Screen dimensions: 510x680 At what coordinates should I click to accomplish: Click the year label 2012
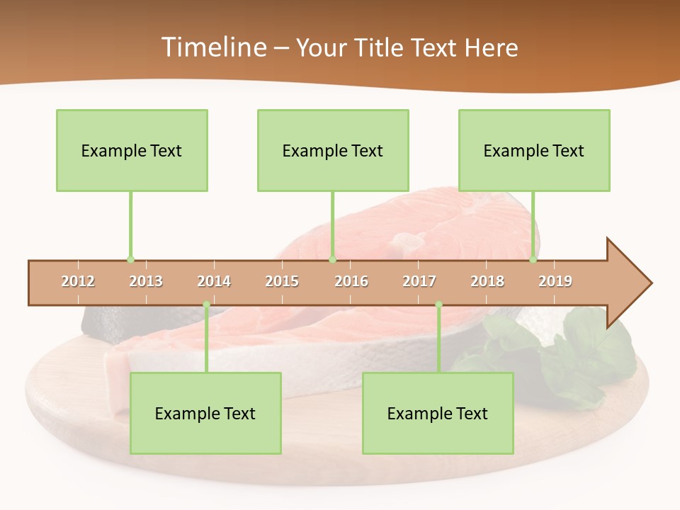coord(78,282)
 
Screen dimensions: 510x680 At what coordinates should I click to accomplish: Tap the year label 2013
coord(146,282)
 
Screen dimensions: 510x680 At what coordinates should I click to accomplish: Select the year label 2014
coord(214,282)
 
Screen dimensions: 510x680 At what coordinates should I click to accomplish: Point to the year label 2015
coord(282,282)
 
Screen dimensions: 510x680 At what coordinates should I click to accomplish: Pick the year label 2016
coord(351,282)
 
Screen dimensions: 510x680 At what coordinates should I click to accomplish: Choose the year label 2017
coord(419,282)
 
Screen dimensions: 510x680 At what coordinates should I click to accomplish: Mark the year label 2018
coord(487,282)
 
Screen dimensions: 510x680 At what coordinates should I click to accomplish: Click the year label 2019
coord(555,282)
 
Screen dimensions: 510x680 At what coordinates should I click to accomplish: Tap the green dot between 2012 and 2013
coord(130,260)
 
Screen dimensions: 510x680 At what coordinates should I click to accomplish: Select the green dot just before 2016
coord(332,260)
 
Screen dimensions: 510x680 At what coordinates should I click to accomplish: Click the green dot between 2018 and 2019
coord(533,260)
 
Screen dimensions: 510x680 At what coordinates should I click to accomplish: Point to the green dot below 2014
coord(206,305)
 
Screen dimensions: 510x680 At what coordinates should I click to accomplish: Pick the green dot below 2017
coord(438,305)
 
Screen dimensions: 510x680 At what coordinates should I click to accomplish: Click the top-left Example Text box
coord(132,150)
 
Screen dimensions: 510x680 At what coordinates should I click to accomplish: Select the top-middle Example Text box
coord(333,150)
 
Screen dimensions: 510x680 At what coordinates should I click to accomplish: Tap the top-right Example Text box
coord(534,150)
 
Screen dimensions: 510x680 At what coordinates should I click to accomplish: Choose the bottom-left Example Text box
coord(205,413)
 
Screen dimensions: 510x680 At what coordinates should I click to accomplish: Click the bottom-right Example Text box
coord(438,413)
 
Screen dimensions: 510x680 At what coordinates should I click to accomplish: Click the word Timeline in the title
coord(213,47)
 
